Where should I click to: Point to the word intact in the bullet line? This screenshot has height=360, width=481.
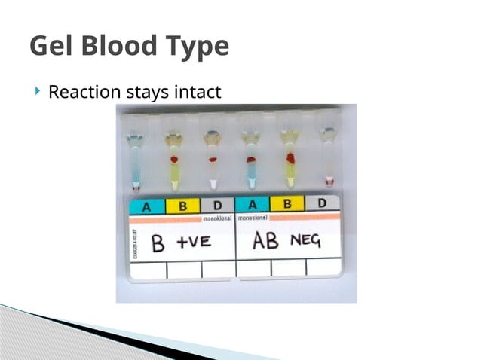click(x=198, y=93)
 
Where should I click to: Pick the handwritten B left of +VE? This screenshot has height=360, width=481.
click(x=158, y=243)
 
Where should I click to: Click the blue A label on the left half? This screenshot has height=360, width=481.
click(x=147, y=205)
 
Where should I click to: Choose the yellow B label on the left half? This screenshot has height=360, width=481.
click(x=182, y=205)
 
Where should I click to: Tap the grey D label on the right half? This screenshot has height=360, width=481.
click(x=322, y=203)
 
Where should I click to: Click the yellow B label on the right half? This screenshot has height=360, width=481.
click(x=287, y=203)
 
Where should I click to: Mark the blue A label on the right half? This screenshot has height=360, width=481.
click(x=253, y=204)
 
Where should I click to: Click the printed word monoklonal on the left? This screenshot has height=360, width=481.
click(x=219, y=218)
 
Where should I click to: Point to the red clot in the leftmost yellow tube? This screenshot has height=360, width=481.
click(x=174, y=160)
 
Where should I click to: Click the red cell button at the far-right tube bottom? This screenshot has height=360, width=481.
click(x=328, y=182)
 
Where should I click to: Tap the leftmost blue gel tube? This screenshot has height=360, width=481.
click(x=136, y=166)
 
